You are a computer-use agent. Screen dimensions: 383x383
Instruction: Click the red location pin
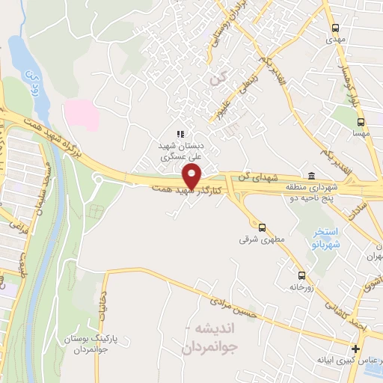[192, 177]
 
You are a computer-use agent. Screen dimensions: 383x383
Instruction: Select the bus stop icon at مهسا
[361, 121]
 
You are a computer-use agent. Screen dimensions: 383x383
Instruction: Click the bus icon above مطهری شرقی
[262, 227]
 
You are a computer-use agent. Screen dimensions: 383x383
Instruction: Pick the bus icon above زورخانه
[301, 275]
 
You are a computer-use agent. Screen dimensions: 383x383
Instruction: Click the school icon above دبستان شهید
[180, 134]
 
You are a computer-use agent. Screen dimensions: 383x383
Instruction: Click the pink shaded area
[80, 114]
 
